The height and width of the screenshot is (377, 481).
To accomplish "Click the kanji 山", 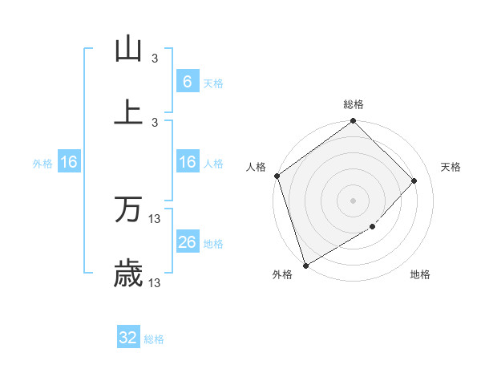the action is [128, 49].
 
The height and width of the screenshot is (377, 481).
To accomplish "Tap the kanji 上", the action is [128, 112].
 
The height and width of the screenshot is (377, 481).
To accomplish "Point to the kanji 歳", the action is [128, 274].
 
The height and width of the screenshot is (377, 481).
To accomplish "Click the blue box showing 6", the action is [187, 82].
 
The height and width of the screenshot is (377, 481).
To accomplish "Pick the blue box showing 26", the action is [187, 242].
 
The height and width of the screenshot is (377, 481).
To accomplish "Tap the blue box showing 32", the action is [128, 338].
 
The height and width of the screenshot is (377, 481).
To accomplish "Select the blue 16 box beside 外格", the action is [69, 162].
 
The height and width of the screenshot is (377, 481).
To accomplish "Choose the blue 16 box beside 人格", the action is [187, 162].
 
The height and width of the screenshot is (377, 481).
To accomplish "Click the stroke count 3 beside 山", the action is [155, 58].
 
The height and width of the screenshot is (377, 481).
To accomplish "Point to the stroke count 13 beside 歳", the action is [155, 282].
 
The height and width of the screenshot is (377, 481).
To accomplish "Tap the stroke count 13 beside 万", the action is [155, 218].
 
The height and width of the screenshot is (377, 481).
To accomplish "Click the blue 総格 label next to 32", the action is [154, 339].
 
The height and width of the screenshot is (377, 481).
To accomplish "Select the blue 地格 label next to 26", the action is [213, 243].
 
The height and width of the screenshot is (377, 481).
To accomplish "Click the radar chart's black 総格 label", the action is [354, 104].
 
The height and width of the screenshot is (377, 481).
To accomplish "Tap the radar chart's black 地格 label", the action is [420, 275].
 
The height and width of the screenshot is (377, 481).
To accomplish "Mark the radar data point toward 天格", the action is [414, 180].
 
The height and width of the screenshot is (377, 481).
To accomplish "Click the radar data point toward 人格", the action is [277, 176].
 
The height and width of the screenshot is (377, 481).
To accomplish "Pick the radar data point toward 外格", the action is [305, 265].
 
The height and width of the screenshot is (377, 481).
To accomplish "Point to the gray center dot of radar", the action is [354, 200].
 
